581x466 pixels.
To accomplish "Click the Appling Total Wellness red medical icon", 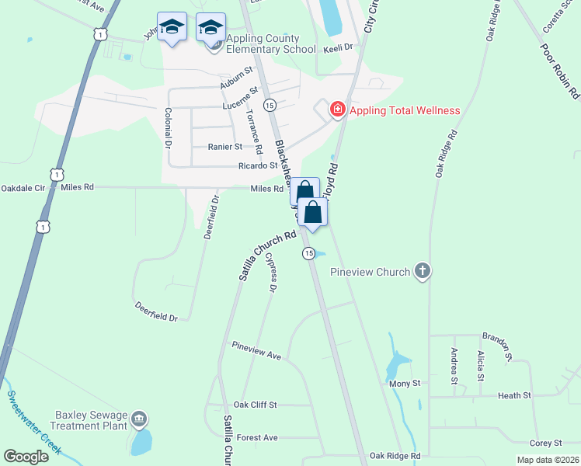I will pos(338,109).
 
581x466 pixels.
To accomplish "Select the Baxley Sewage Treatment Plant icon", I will pos(138,420).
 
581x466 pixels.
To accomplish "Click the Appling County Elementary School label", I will pos(271,43).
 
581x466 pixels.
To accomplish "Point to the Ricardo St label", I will pos(259,165).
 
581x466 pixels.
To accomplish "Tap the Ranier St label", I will pos(225,146).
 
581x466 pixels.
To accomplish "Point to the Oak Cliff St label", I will pos(255,405).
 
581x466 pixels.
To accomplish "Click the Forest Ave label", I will pos(257,437).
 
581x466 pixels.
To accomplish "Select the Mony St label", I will pos(405,384).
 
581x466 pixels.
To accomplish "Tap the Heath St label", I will pos(514,395).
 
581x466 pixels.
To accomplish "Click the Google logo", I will pos(26,457).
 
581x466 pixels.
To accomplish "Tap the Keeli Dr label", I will pos(338,47).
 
